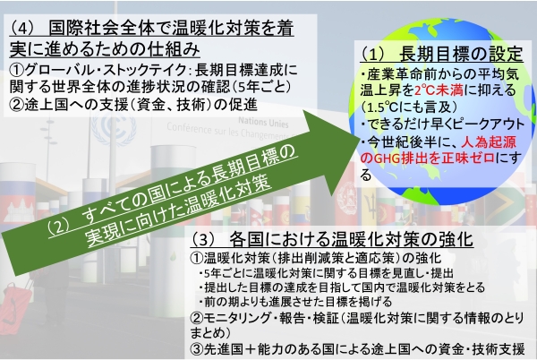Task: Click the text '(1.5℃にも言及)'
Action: click(x=405, y=107)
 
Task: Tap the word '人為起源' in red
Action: click(x=491, y=142)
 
